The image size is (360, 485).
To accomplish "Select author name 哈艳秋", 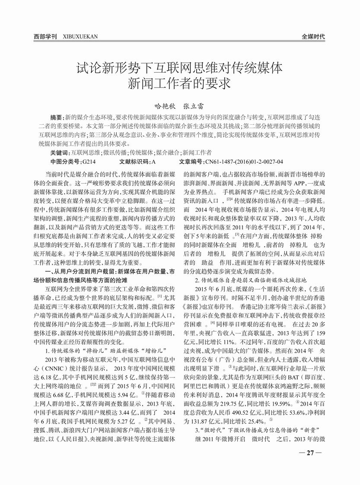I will tap(163, 105).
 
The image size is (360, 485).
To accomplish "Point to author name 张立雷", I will tap(194, 105).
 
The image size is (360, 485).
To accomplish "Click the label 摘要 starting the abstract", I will tap(56, 117).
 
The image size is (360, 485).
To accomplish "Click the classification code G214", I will tap(88, 162).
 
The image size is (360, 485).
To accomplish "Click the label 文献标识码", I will tap(134, 162).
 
